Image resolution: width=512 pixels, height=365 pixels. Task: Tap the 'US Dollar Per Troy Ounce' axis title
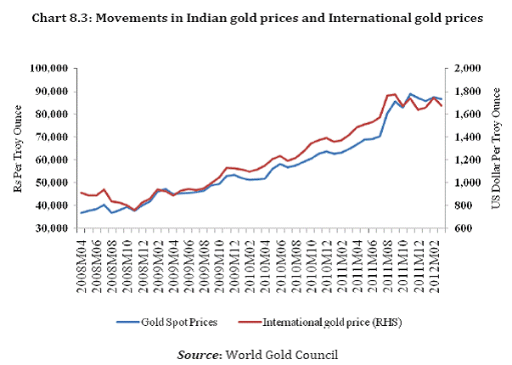pyautogui.click(x=497, y=148)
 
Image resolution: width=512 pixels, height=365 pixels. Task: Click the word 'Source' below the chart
pyautogui.click(x=200, y=352)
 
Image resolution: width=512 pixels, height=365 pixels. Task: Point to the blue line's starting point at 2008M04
pyautogui.click(x=82, y=212)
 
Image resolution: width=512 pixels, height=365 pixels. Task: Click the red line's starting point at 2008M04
pyautogui.click(x=82, y=193)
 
